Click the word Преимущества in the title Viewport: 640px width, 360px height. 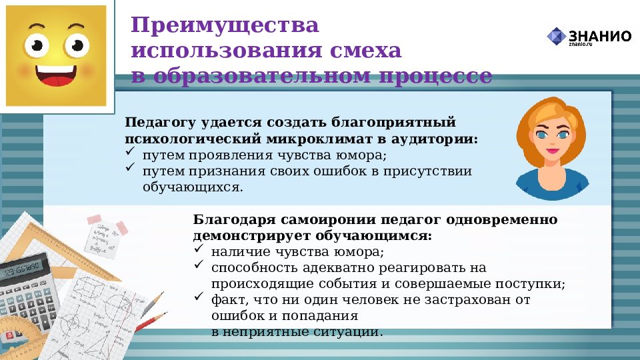pyautogui.click(x=225, y=27)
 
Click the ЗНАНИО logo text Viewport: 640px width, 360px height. pyautogui.click(x=599, y=36)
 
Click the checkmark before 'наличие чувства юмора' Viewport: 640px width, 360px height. pyautogui.click(x=199, y=251)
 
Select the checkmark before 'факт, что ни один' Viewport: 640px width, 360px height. pyautogui.click(x=199, y=297)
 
